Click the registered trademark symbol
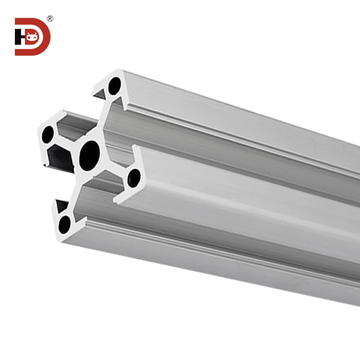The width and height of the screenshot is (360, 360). [50, 19]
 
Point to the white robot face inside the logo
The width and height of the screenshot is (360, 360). [33, 36]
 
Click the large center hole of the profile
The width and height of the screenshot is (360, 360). [90, 154]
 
